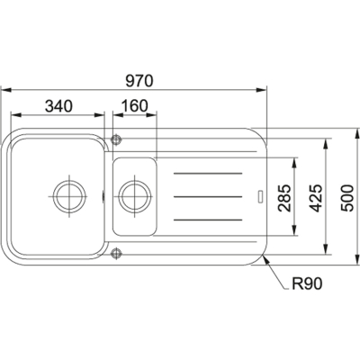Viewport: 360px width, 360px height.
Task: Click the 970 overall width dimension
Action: point(139,81)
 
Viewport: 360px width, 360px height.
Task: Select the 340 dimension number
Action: point(58,106)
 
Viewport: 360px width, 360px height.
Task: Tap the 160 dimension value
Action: point(135,106)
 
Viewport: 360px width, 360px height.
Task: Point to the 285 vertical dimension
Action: point(284,198)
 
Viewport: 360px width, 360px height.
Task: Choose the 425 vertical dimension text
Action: point(316,198)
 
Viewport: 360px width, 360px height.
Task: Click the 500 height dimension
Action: point(348,198)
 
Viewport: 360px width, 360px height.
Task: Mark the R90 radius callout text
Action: point(307,283)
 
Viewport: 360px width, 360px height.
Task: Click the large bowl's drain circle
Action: point(69,196)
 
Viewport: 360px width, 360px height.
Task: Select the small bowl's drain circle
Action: point(135,196)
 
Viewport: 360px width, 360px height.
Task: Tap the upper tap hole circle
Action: point(116,139)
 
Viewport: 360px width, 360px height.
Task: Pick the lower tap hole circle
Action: point(116,253)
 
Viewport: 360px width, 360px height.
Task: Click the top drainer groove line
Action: point(208,173)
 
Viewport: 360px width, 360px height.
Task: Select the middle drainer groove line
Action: point(208,196)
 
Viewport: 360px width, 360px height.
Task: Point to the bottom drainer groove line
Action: point(208,220)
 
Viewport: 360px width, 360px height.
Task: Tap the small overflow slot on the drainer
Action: point(260,196)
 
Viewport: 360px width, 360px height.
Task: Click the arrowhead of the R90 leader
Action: point(265,258)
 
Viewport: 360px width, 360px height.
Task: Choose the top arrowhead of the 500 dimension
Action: point(356,134)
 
